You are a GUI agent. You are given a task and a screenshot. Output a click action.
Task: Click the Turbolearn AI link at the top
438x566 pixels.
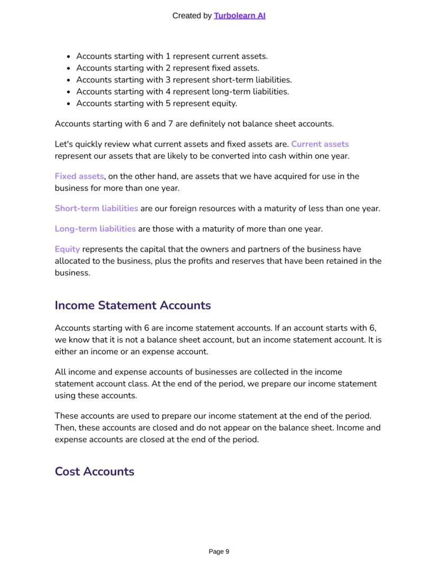point(240,16)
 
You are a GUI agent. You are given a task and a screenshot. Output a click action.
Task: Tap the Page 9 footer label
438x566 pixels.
point(219,552)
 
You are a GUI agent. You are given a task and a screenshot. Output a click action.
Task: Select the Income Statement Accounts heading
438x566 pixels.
point(133,305)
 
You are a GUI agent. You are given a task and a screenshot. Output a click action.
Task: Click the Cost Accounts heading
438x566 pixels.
point(94,471)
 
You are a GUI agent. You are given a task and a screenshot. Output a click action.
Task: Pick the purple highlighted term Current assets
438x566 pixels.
point(320,144)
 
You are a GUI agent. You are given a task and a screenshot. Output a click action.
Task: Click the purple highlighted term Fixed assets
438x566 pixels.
point(79,176)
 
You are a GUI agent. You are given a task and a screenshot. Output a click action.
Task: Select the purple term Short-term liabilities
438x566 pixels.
point(96,208)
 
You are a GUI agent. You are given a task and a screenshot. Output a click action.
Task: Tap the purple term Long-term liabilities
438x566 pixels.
point(95,229)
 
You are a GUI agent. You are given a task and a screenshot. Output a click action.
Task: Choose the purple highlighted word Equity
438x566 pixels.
point(67,249)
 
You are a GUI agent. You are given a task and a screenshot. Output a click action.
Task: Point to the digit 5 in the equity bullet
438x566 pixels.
point(168,104)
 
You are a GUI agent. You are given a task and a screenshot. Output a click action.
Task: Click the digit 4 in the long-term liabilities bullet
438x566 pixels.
point(168,91)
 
